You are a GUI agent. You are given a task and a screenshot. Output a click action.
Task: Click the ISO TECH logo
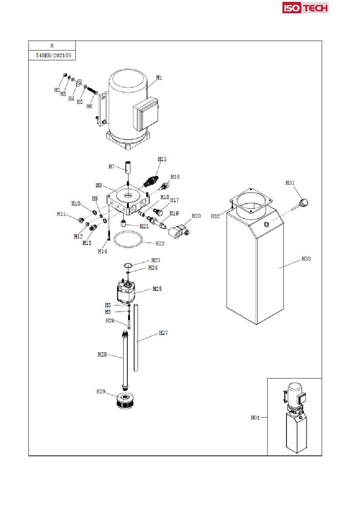[x=305, y=8]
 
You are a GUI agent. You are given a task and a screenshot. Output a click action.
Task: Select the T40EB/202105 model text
[x=53, y=55]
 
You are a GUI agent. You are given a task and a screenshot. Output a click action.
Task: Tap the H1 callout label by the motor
[x=159, y=78]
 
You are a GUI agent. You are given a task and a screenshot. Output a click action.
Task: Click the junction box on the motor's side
[x=146, y=114]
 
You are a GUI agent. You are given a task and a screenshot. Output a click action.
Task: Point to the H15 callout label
[x=162, y=159]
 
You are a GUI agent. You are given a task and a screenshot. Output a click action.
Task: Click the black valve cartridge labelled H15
[x=151, y=181]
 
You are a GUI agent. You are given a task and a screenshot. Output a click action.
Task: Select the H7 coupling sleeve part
[x=128, y=167]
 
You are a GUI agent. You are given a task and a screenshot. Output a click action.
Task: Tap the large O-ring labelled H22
[x=128, y=239]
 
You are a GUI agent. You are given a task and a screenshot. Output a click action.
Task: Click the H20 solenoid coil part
[x=179, y=231]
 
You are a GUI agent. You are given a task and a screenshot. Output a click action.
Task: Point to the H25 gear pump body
[x=126, y=291]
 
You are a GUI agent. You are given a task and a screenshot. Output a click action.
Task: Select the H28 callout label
[x=102, y=355]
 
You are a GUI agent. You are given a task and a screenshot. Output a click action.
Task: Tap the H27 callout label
[x=163, y=333]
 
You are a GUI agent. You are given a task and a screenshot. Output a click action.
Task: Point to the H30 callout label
[x=306, y=259]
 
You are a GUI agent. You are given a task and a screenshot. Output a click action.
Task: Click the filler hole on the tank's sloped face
[x=266, y=224]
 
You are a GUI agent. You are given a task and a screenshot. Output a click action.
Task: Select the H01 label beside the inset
[x=255, y=418]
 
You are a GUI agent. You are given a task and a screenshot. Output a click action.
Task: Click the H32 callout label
[x=215, y=216]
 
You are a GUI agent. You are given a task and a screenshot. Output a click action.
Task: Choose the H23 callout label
[x=156, y=260]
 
